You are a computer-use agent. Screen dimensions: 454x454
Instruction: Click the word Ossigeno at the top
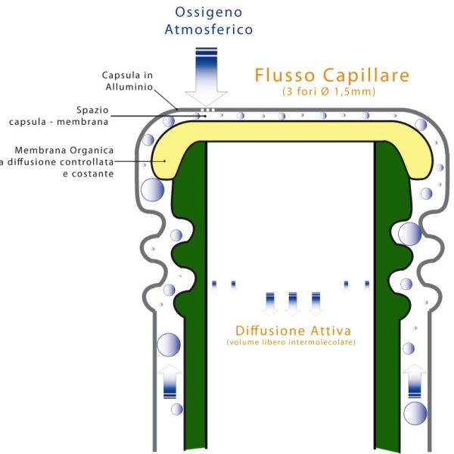pyautogui.click(x=209, y=13)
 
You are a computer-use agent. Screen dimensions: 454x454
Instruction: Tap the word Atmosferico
pyautogui.click(x=209, y=30)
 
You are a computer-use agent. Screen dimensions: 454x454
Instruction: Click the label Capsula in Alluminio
pyautogui.click(x=128, y=81)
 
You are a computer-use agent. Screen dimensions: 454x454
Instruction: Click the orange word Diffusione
pyautogui.click(x=270, y=331)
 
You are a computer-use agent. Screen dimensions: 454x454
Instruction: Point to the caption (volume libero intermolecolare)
pyautogui.click(x=291, y=344)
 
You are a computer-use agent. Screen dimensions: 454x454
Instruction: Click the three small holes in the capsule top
pyautogui.click(x=207, y=110)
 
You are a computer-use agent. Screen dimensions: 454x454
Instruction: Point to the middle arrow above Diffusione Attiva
pyautogui.click(x=293, y=303)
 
